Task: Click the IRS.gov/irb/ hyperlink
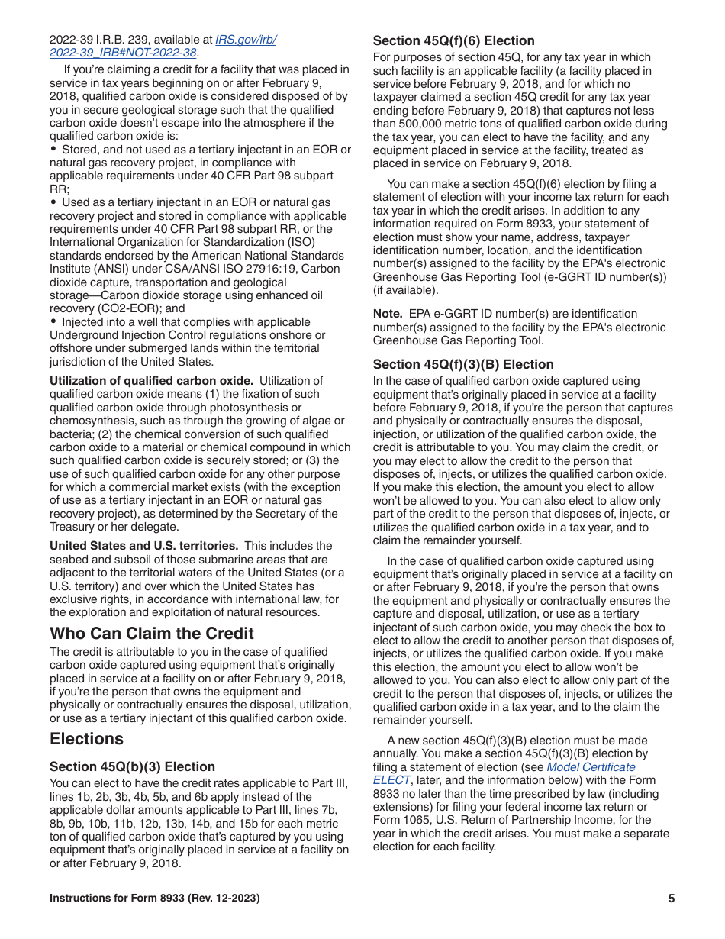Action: tap(246, 39)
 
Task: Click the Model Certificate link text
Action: tap(591, 767)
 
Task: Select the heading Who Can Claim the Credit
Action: tap(152, 634)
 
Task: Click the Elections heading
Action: tap(86, 739)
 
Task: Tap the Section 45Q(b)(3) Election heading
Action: tap(132, 766)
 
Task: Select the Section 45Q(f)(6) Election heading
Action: tap(453, 40)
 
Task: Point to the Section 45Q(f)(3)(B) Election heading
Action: tap(463, 364)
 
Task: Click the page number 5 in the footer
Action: tap(672, 899)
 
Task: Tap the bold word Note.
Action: tap(387, 314)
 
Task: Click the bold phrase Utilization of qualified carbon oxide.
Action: tap(151, 381)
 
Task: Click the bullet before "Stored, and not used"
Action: tap(53, 150)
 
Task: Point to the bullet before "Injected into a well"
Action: tap(53, 322)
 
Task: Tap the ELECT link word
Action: tap(391, 780)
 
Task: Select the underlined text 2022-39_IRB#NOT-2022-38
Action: tap(123, 53)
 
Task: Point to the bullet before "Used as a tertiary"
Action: tap(53, 202)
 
